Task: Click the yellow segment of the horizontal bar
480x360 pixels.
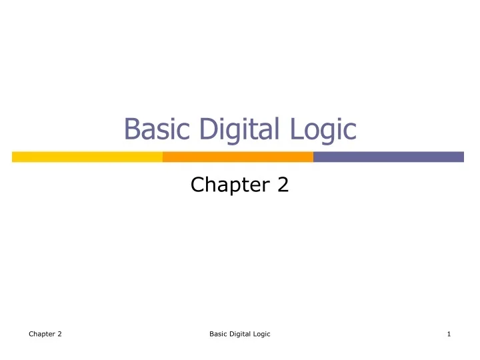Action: [87, 157]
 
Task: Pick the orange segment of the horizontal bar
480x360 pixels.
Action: [238, 157]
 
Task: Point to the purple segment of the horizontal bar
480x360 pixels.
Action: [388, 157]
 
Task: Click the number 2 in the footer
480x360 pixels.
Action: [59, 334]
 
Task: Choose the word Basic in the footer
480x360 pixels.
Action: [217, 334]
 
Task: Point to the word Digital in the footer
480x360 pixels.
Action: [240, 334]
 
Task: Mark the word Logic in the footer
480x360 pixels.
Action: [262, 334]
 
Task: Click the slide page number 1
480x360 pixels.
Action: [450, 334]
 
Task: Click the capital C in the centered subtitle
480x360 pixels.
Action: [197, 185]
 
